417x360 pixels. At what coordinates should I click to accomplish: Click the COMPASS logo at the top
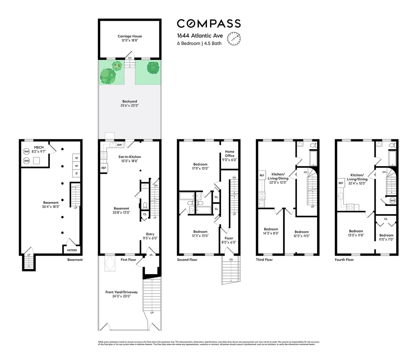[208, 24]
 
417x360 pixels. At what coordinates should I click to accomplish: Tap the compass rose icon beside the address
[235, 39]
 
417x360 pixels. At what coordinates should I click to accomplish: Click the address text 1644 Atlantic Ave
[200, 36]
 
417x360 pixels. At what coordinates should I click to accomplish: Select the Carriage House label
[130, 38]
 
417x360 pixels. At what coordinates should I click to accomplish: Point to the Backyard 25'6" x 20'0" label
[130, 104]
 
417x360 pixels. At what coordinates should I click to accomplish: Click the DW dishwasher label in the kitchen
[119, 145]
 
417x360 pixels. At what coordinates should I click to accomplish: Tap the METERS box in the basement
[72, 250]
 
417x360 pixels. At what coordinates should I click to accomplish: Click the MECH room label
[39, 150]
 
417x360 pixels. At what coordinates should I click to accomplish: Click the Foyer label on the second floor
[229, 240]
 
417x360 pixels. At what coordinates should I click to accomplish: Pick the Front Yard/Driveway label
[121, 294]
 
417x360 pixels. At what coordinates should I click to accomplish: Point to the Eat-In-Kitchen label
[130, 159]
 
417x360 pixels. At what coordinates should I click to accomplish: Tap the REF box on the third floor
[262, 176]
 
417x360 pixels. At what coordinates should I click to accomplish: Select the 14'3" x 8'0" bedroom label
[271, 231]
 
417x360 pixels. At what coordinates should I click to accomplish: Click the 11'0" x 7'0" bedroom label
[386, 237]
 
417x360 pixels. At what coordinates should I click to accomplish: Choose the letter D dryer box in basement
[76, 174]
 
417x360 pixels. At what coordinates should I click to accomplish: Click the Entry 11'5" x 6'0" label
[150, 236]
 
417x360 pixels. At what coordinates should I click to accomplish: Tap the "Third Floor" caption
[264, 260]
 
